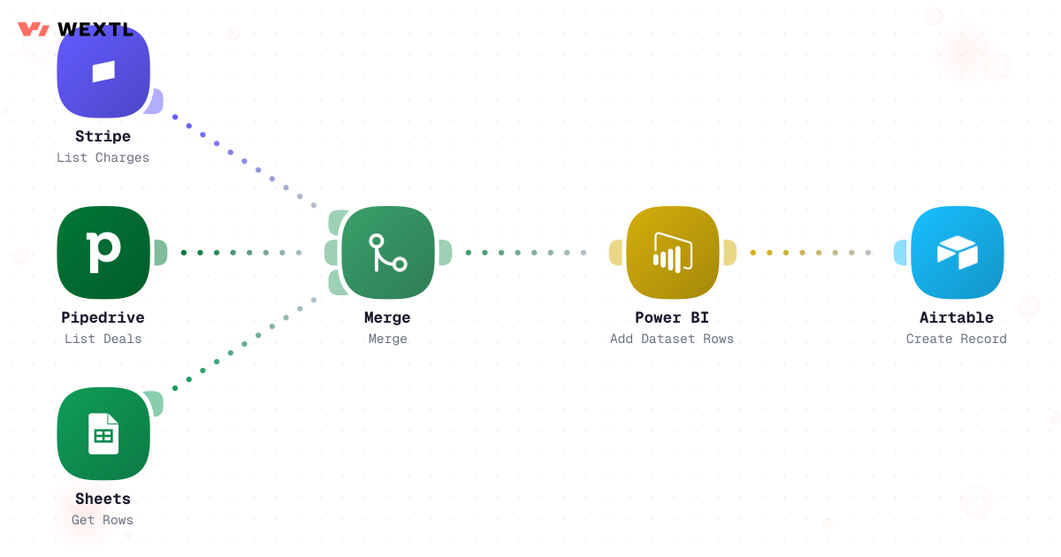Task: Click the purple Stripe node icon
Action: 103,72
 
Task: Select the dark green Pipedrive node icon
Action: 103,253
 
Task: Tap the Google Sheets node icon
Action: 103,434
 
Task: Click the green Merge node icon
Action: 388,253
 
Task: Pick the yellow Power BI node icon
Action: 673,253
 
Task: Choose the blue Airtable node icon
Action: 958,253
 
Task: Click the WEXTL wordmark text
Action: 95,29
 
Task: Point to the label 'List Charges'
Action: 103,157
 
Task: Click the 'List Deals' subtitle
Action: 103,339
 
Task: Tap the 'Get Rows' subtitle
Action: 103,520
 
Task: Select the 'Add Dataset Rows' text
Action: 672,339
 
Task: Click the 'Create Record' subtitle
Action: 957,339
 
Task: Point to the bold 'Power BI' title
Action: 672,317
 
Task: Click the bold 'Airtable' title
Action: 957,317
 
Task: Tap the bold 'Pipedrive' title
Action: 103,317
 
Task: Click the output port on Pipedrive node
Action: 161,253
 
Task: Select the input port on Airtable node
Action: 900,253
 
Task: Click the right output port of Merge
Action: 446,253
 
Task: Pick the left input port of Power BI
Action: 615,253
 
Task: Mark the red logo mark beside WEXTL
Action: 34,29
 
